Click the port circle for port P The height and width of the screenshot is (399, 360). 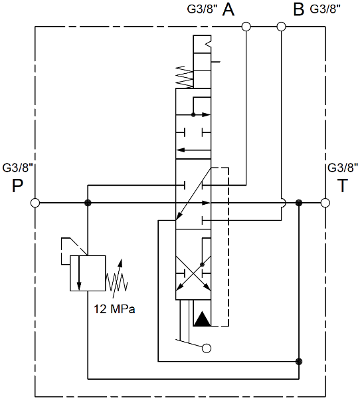tap(35, 203)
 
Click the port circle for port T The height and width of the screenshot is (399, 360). tap(325, 203)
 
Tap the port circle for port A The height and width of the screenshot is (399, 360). tap(246, 27)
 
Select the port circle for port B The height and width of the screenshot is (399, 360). tap(281, 27)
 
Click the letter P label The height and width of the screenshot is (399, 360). tap(17, 186)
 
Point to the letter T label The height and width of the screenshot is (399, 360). tap(343, 186)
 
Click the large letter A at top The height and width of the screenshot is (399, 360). tap(228, 10)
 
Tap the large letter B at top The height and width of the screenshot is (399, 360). tap(298, 10)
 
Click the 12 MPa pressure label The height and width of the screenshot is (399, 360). tap(114, 309)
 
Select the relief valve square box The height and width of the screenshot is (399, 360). tap(88, 273)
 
